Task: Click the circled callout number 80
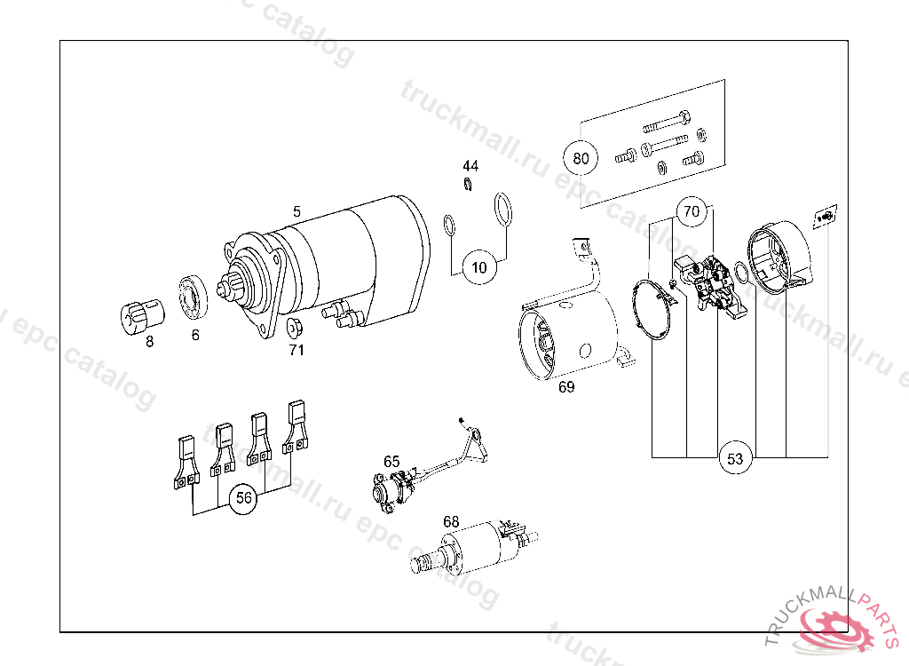(x=581, y=159)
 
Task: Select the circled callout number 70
(x=692, y=212)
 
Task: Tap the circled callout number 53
(x=735, y=458)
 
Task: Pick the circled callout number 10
(x=479, y=267)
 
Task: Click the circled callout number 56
(x=243, y=499)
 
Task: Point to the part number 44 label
(x=470, y=166)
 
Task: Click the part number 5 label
(x=297, y=211)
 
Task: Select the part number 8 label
(x=149, y=340)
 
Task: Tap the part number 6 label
(x=195, y=335)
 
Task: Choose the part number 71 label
(x=296, y=350)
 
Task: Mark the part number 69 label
(x=566, y=386)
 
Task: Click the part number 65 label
(x=391, y=461)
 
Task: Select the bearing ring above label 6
(x=194, y=297)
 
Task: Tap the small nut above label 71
(x=296, y=327)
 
